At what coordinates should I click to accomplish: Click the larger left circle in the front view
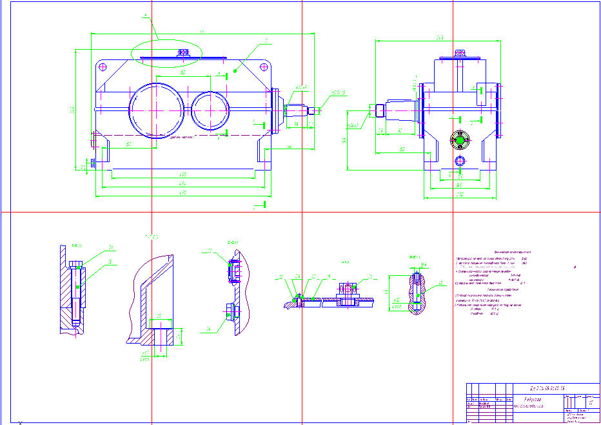pos(155,110)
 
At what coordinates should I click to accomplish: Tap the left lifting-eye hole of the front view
pos(102,67)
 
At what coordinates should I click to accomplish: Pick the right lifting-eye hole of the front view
pos(264,67)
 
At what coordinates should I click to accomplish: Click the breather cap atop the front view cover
pos(183,52)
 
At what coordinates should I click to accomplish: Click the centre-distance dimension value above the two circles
pos(183,74)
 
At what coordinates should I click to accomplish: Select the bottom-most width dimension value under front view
pos(183,192)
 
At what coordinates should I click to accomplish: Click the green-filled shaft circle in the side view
pos(460,140)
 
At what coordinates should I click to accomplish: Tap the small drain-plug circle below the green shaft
pos(460,160)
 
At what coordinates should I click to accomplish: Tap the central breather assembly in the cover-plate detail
pos(348,293)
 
